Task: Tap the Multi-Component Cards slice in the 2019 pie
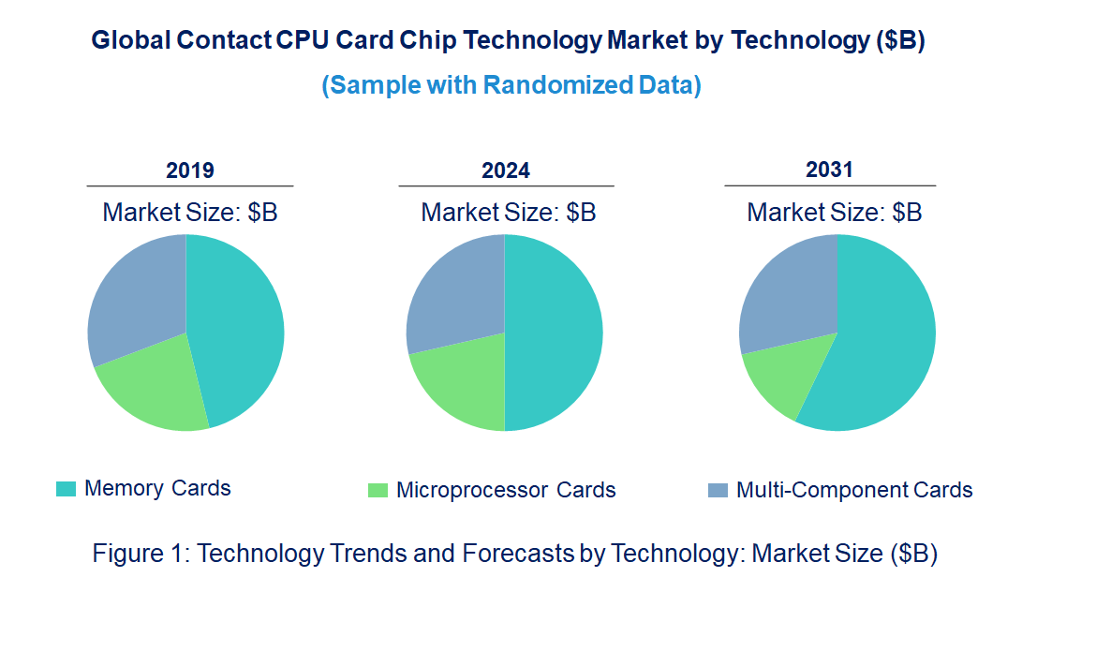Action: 136,295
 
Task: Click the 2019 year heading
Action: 190,170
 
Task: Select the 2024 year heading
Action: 506,170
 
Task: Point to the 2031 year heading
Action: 829,170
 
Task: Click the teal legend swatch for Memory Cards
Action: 67,489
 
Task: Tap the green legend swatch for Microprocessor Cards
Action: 378,490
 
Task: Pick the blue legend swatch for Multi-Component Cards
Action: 718,490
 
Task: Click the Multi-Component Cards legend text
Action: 854,490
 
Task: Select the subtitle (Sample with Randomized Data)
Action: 511,85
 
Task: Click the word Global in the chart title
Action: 130,41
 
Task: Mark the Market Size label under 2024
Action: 508,213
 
